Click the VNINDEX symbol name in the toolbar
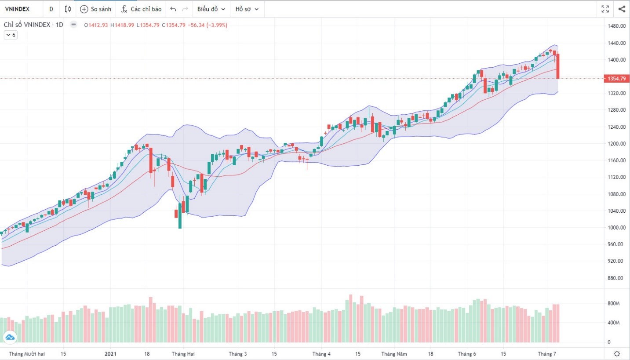(x=17, y=9)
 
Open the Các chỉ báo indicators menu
(x=142, y=9)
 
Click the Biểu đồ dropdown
(x=211, y=9)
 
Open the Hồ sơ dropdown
(x=247, y=9)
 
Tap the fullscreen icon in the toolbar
(x=605, y=9)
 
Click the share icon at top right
(x=622, y=9)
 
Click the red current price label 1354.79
(x=616, y=79)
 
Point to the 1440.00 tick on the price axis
(x=616, y=43)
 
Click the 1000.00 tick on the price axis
(x=616, y=228)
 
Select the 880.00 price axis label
(x=616, y=278)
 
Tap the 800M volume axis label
(x=614, y=304)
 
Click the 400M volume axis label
(x=614, y=323)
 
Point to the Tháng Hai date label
(x=183, y=354)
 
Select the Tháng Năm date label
(x=394, y=354)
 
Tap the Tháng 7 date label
(x=547, y=354)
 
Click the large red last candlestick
(x=557, y=66)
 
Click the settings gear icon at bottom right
(x=617, y=354)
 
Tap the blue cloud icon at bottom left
(x=10, y=337)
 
